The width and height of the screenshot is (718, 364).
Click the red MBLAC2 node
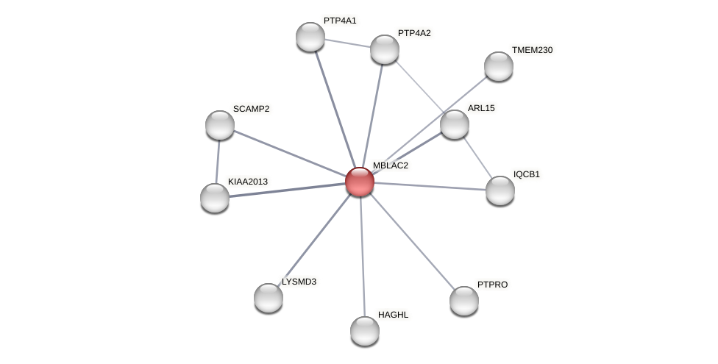pos(360,182)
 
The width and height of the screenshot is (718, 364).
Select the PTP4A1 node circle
pos(310,37)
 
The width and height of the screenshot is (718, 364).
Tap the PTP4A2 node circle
pos(384,49)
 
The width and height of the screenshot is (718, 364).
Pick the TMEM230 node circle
pos(499,66)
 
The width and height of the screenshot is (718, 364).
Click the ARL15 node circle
pos(455,124)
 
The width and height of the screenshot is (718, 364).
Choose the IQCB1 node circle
pos(500,190)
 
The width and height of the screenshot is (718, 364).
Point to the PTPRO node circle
pos(464,300)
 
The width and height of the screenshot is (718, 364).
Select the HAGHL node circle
pos(365,331)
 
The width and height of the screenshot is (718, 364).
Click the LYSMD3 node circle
pos(269,298)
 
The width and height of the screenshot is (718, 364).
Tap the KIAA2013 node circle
pos(215,197)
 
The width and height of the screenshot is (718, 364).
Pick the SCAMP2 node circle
pos(220,125)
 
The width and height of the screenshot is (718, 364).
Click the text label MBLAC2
pos(390,165)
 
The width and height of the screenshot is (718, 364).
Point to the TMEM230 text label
pos(532,50)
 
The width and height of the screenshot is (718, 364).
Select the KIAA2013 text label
pos(248,181)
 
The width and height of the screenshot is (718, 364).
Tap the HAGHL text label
pos(393,315)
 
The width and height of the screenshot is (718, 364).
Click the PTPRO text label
pos(492,285)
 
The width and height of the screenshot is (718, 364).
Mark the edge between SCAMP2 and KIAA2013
pos(218,161)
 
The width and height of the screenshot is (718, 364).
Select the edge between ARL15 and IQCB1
pos(477,157)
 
